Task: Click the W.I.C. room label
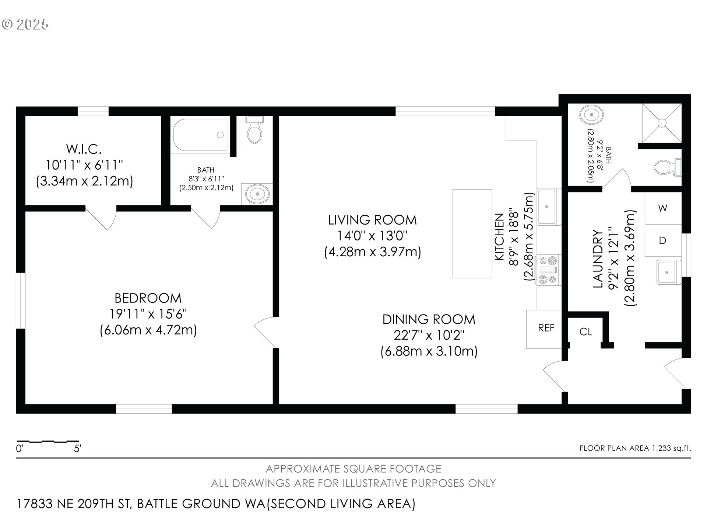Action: (84, 149)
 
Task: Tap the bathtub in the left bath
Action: (200, 135)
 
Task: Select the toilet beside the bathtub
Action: (254, 130)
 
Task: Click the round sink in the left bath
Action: (257, 194)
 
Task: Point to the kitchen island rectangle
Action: (472, 233)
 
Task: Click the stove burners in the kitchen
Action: (548, 270)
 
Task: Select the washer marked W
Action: (663, 208)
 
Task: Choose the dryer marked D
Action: (663, 240)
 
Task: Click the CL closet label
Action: (585, 332)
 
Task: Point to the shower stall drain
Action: (662, 122)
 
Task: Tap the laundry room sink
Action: (667, 272)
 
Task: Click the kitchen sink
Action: (549, 206)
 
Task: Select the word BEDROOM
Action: (148, 298)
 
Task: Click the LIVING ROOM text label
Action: (372, 220)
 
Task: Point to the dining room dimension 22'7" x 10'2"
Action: (429, 335)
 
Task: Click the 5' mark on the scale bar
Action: (78, 449)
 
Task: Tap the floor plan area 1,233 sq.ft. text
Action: (635, 448)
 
